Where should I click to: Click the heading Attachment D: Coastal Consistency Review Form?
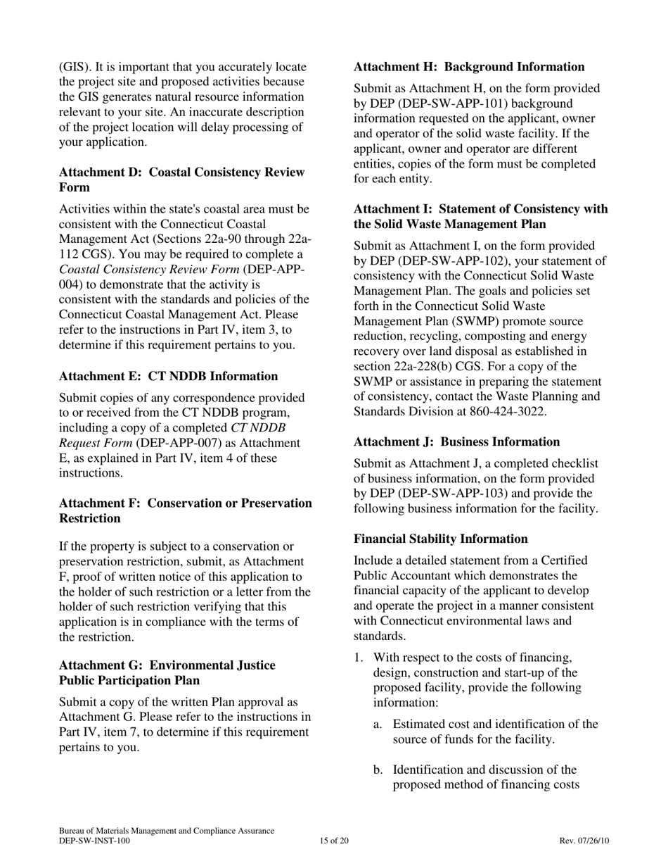tap(181, 180)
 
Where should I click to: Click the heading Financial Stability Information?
tap(440, 539)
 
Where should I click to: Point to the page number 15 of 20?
tap(334, 841)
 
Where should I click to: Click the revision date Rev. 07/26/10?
tap(584, 841)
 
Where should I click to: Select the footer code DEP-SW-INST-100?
tap(94, 841)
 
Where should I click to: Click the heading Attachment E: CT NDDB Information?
tap(168, 376)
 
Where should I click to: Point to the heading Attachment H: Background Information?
tap(469, 67)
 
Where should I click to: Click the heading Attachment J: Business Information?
tap(456, 441)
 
